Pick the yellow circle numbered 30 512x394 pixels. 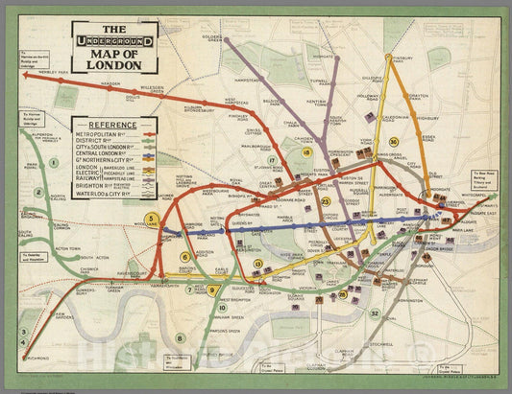tap(394, 142)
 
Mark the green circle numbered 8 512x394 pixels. tap(180, 338)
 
